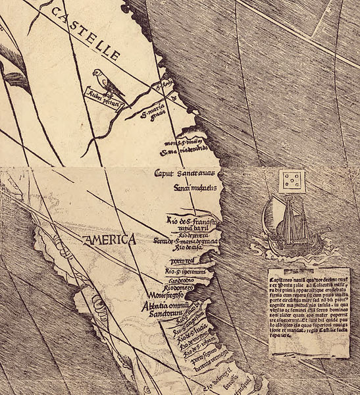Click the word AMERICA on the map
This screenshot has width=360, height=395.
pos(109,240)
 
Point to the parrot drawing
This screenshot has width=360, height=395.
pos(105,82)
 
